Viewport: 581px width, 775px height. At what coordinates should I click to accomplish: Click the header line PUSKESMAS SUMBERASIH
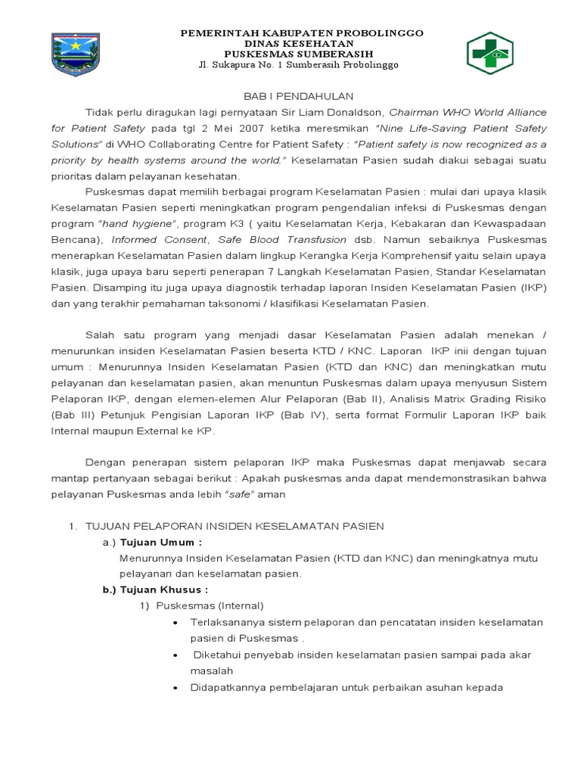pos(301,54)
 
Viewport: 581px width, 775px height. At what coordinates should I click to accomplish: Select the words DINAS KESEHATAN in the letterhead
pos(301,44)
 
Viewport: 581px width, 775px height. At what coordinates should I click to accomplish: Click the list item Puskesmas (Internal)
pos(210,605)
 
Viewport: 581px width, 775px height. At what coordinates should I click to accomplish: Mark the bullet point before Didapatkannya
pos(176,687)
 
